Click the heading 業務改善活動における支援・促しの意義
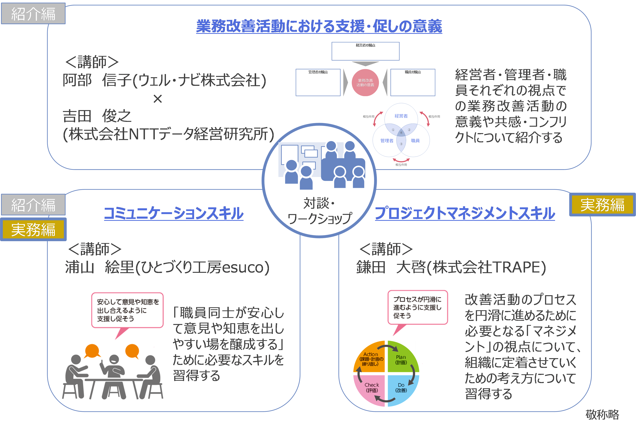[x=319, y=26]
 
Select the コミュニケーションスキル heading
[x=174, y=213]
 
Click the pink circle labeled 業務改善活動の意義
[x=365, y=82]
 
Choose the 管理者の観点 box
[x=318, y=82]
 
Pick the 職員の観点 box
[x=412, y=82]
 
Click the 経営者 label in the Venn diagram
[x=401, y=116]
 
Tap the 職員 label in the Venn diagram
[x=415, y=141]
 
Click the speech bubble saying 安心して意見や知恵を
[x=127, y=310]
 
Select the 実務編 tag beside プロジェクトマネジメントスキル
[x=602, y=205]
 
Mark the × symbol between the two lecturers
[x=158, y=99]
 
